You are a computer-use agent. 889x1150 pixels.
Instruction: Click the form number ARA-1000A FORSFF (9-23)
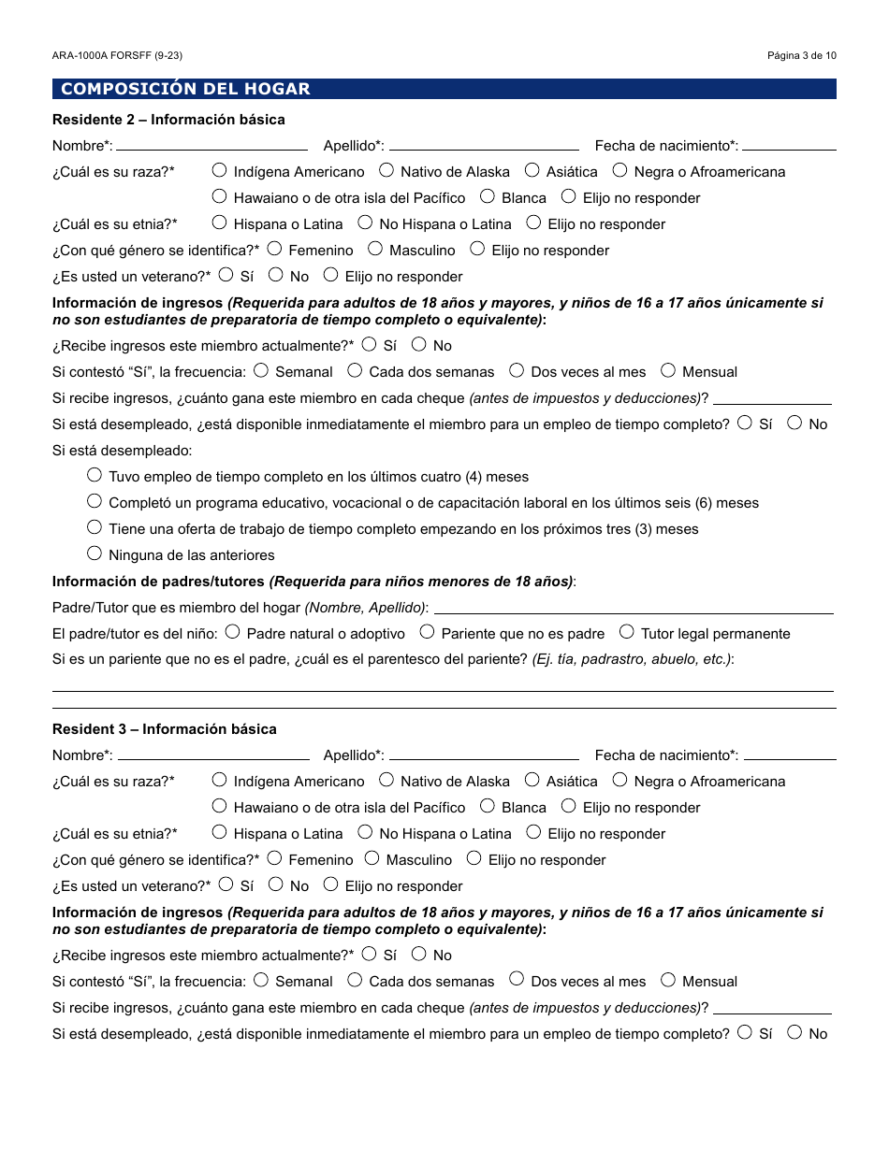[117, 55]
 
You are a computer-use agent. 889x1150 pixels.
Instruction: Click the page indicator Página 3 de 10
[801, 55]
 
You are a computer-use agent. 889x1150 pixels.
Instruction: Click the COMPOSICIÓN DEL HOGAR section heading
[185, 89]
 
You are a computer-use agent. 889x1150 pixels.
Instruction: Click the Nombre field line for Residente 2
[211, 147]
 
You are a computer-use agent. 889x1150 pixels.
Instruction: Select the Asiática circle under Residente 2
[532, 170]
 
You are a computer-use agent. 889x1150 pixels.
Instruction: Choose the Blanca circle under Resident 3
[488, 806]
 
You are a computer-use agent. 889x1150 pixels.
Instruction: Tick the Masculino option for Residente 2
[375, 249]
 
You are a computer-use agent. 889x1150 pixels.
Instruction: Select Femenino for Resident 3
[274, 858]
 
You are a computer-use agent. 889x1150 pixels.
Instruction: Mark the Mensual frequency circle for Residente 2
[668, 370]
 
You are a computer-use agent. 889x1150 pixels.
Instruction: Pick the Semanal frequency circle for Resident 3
[261, 980]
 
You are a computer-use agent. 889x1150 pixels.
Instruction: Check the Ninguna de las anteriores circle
[95, 553]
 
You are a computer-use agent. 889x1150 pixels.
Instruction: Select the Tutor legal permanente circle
[627, 632]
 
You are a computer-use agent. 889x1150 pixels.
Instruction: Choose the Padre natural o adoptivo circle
[233, 632]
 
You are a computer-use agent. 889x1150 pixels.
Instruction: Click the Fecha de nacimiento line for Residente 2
[789, 147]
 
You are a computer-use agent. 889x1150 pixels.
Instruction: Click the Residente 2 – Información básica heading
[168, 120]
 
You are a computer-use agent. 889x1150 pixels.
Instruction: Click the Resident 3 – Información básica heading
[165, 729]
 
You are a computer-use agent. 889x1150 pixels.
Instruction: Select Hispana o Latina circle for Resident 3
[220, 832]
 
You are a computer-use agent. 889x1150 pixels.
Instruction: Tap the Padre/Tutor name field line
[634, 611]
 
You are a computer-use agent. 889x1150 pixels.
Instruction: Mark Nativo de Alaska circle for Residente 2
[386, 170]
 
